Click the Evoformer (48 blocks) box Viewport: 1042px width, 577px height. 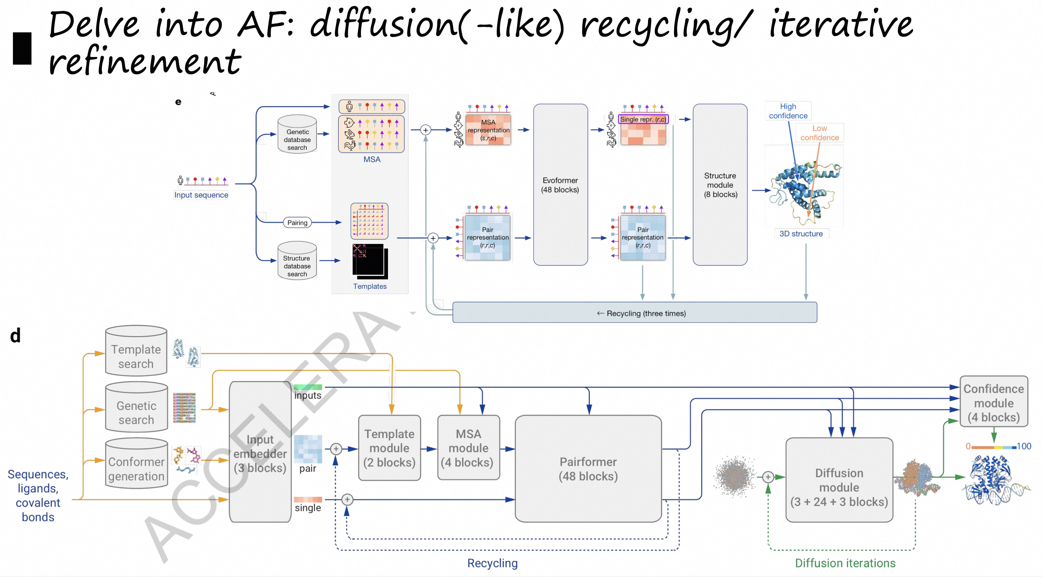click(560, 185)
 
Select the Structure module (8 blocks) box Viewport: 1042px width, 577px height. click(720, 185)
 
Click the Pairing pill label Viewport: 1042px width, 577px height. click(297, 222)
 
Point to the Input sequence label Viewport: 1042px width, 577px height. click(201, 195)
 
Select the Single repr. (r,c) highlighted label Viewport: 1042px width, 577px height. click(643, 119)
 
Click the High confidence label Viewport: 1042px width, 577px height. click(788, 111)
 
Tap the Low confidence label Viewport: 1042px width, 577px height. click(819, 133)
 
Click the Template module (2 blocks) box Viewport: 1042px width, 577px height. click(389, 448)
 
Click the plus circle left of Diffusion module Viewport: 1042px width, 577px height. click(768, 477)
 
